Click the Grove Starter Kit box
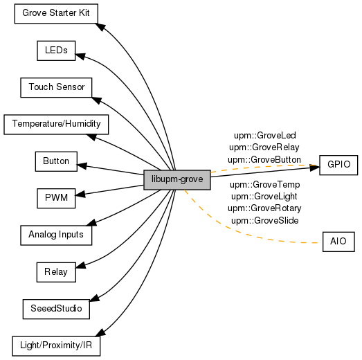pyautogui.click(x=56, y=14)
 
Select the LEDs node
pyautogui.click(x=56, y=51)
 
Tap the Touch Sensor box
pyautogui.click(x=56, y=87)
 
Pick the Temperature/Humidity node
pyautogui.click(x=56, y=125)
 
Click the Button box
pyautogui.click(x=56, y=161)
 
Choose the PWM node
pyautogui.click(x=56, y=199)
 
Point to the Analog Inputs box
pyautogui.click(x=56, y=235)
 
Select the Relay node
pyautogui.click(x=56, y=272)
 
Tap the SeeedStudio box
pyautogui.click(x=56, y=309)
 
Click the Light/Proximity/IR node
pyautogui.click(x=56, y=346)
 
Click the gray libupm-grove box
pyautogui.click(x=177, y=180)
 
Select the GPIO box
pyautogui.click(x=338, y=165)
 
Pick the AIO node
pyautogui.click(x=338, y=242)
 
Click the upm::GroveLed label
pyautogui.click(x=265, y=136)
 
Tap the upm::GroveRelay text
pyautogui.click(x=264, y=147)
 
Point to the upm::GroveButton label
pyautogui.click(x=264, y=160)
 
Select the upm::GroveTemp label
pyautogui.click(x=265, y=185)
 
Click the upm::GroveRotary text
pyautogui.click(x=264, y=208)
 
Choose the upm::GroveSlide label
pyautogui.click(x=265, y=221)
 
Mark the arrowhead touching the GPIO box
pyautogui.click(x=315, y=168)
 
